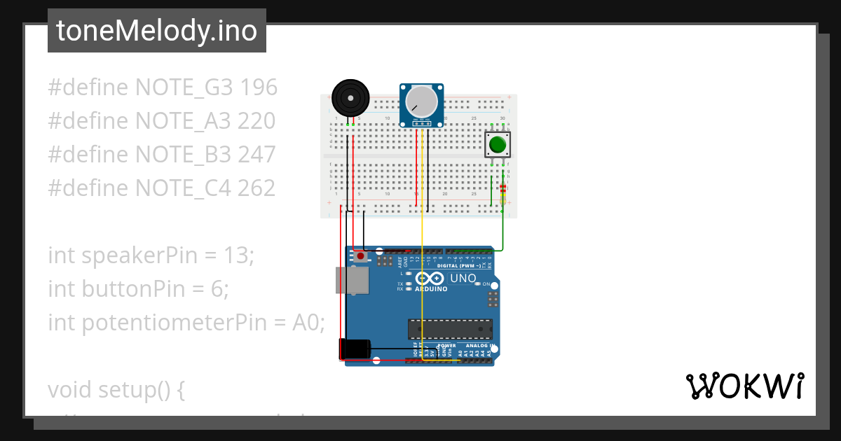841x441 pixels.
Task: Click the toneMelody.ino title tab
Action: (x=156, y=31)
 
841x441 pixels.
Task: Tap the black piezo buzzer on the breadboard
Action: (x=350, y=97)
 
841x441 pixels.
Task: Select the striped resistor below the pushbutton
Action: (x=502, y=188)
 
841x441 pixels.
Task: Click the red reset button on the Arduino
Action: (x=360, y=256)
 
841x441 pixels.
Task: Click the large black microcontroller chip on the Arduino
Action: (x=450, y=329)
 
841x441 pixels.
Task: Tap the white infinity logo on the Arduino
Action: (x=430, y=278)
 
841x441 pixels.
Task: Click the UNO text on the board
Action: (x=463, y=279)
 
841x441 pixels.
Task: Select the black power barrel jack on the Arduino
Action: (x=355, y=349)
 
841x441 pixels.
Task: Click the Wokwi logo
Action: (x=744, y=386)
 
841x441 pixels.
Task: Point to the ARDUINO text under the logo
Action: (x=430, y=288)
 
